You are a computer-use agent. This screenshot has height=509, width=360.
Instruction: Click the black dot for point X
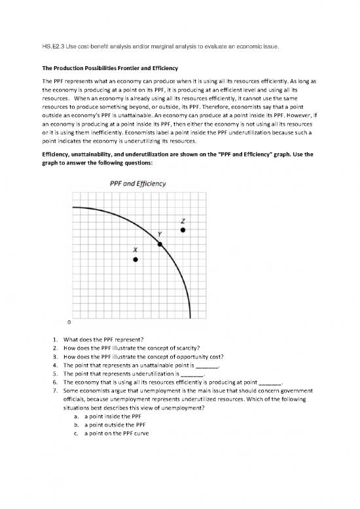click(135, 259)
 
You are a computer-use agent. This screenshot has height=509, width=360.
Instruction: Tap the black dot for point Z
click(183, 230)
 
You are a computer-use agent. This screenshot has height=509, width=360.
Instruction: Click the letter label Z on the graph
click(183, 219)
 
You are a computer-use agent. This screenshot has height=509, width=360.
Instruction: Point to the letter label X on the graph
click(135, 250)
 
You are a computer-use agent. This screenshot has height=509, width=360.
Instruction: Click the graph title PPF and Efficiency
click(136, 183)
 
